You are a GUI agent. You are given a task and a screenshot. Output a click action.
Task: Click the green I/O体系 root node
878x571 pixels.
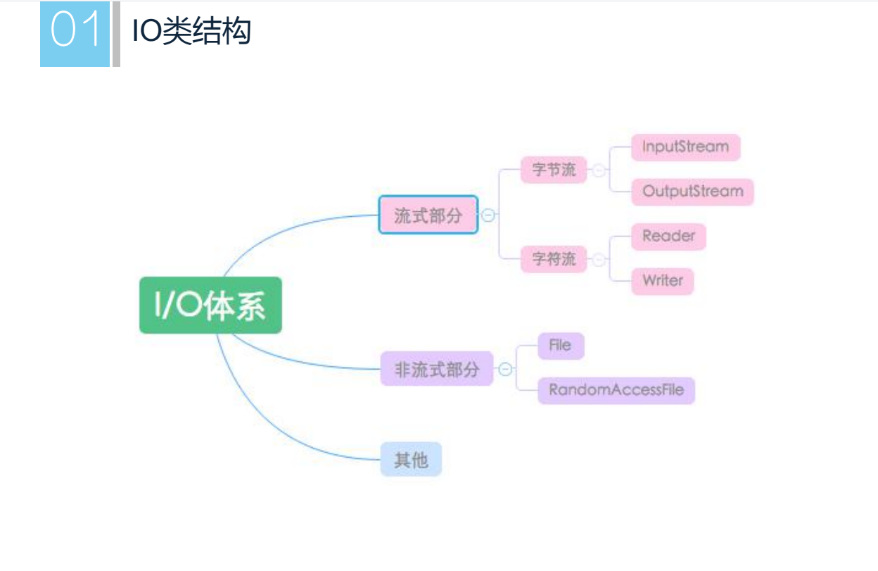pos(210,305)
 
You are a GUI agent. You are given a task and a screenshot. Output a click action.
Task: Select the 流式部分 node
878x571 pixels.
pos(428,215)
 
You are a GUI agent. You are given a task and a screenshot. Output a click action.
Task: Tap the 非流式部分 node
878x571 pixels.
pos(436,368)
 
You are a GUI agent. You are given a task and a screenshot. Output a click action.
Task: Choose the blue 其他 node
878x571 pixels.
pos(411,459)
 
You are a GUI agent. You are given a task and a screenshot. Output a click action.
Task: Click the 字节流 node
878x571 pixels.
pos(554,170)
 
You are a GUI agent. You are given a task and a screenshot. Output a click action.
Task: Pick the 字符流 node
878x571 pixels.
pos(554,259)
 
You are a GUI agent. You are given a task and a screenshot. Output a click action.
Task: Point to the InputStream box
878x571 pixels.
pos(685,147)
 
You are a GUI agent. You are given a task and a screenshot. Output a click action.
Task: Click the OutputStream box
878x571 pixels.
pos(692,192)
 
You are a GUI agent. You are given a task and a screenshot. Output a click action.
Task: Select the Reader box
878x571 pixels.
pos(668,236)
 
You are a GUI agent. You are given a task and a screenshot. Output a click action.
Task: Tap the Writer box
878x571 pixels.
pos(662,280)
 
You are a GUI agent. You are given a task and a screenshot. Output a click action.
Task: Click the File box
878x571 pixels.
pos(561,346)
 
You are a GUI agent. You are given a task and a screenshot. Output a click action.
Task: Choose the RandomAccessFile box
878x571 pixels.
pos(616,390)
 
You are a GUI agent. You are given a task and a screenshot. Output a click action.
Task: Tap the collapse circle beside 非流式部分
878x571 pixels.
pos(505,369)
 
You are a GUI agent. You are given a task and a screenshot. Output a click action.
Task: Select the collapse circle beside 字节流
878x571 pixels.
pos(598,170)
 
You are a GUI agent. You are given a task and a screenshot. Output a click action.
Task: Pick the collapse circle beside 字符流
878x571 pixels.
pos(598,260)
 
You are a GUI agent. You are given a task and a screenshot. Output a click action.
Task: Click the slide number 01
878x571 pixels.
pos(75,32)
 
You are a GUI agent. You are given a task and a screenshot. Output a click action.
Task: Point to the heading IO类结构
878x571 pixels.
pos(191,32)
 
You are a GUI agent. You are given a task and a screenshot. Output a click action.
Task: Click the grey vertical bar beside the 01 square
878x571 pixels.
pos(116,34)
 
